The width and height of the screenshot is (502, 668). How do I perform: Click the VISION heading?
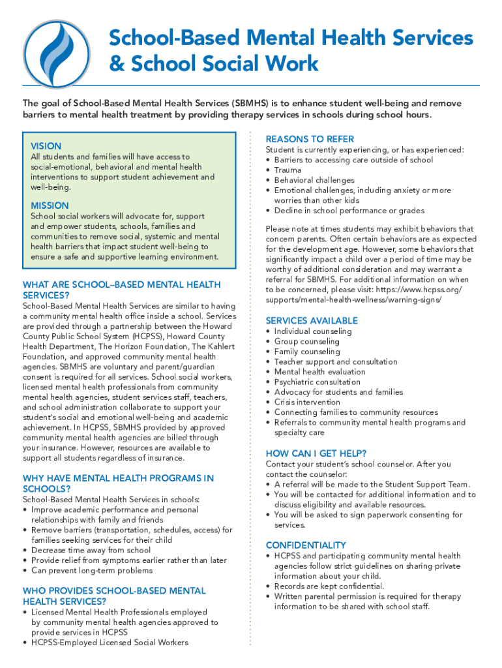pos(46,146)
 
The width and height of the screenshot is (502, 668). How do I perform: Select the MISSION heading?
pos(50,205)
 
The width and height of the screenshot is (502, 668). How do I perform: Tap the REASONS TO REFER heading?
pos(310,139)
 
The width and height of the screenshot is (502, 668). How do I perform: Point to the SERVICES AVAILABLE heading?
pos(312,320)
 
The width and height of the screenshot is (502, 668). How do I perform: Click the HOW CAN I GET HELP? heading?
pos(316,453)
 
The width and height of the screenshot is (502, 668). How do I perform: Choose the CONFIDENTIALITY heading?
pos(306,545)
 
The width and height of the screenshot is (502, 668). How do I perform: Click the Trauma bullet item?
pos(288,170)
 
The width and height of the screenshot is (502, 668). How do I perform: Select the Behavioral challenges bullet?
pos(314,180)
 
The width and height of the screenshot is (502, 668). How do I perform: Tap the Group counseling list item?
pos(306,341)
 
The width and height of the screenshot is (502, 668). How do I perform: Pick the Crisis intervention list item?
pos(307,402)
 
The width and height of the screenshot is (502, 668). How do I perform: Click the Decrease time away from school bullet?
pos(91,550)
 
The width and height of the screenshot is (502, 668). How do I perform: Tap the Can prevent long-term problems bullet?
pos(91,570)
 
